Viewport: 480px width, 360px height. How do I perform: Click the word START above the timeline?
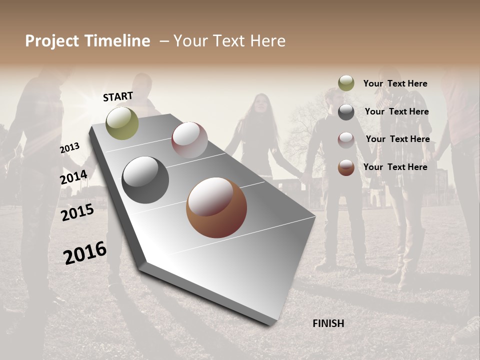click(118, 96)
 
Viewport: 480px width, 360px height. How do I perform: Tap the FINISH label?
click(328, 323)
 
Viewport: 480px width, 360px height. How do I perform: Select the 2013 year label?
click(70, 148)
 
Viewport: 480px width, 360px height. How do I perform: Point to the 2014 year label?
click(74, 177)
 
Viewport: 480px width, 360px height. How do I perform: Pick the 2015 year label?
click(77, 212)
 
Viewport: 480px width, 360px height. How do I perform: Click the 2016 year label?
click(85, 252)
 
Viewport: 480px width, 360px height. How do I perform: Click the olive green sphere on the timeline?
click(122, 123)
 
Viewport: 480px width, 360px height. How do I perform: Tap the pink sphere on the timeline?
click(189, 140)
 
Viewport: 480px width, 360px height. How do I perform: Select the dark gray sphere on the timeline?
click(145, 180)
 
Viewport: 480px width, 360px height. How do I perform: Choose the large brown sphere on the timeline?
click(216, 208)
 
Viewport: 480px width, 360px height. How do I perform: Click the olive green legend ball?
click(346, 83)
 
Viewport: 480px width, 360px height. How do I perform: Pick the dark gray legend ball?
click(346, 112)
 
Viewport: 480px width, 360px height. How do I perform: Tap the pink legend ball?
click(346, 140)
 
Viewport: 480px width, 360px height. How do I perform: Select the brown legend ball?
click(346, 167)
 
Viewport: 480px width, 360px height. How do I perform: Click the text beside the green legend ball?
click(395, 83)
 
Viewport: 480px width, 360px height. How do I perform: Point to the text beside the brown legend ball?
click(395, 167)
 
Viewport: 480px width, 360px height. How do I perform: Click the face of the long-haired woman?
click(261, 105)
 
